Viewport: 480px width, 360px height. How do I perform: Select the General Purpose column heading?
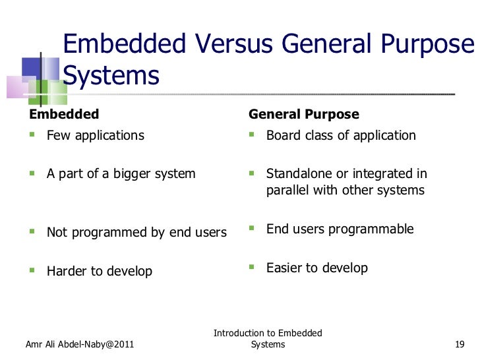303,114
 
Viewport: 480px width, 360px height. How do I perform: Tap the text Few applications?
95,136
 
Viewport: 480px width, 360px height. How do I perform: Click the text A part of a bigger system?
121,174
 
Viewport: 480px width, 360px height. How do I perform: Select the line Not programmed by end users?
136,233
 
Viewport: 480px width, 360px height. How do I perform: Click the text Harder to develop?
99,271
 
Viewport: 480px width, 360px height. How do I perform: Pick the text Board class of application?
341,136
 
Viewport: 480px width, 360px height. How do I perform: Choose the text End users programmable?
340,229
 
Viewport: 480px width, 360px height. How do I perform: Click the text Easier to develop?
316,268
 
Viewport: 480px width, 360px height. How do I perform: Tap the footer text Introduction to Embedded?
268,334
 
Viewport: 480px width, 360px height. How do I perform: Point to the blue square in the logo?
32,67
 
